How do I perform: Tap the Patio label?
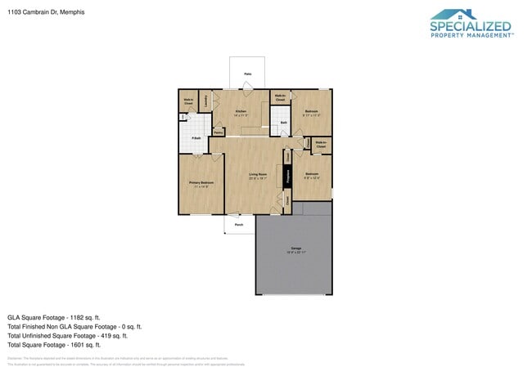[x=247, y=74]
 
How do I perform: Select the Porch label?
[x=239, y=223]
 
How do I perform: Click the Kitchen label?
[x=241, y=110]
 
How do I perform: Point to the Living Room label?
[x=259, y=174]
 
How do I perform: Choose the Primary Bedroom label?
[x=201, y=182]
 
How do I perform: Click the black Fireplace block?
[x=288, y=175]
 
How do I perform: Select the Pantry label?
[x=219, y=132]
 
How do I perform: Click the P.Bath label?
[x=196, y=137]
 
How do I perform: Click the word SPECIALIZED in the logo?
[x=471, y=27]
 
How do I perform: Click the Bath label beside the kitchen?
[x=283, y=123]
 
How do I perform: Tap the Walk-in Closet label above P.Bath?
[x=188, y=102]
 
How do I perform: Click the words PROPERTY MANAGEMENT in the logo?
[x=471, y=35]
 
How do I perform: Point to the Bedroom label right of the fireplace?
[x=312, y=174]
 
